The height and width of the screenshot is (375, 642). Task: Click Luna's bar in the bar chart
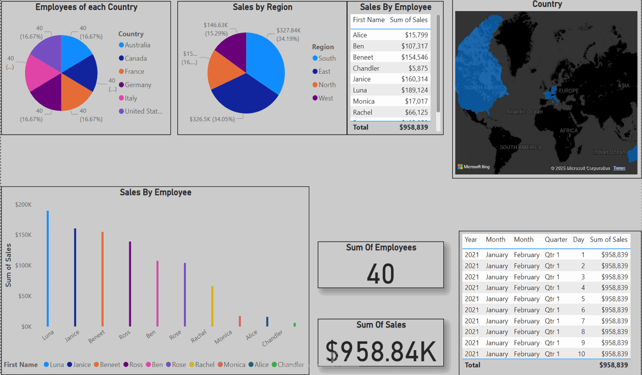[48, 268]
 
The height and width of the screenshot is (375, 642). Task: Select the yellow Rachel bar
[212, 306]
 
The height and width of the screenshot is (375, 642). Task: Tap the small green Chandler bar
[295, 324]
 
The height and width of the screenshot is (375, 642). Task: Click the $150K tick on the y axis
[23, 235]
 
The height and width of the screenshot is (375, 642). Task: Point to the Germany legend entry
[137, 85]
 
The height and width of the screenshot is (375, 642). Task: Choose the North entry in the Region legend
[327, 85]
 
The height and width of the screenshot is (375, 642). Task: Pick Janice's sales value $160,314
[414, 79]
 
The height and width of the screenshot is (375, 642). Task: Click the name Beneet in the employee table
[363, 57]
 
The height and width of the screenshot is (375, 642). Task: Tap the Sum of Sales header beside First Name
[409, 20]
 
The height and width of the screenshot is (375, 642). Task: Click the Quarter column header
[556, 240]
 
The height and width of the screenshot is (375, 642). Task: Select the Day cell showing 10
[581, 354]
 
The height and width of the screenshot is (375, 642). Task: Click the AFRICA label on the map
[568, 131]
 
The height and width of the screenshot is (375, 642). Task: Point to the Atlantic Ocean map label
[524, 112]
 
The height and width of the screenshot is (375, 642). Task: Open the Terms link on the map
[619, 168]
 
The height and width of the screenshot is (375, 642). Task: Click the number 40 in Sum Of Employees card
[380, 274]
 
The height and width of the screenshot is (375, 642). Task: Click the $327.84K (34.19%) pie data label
[288, 34]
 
